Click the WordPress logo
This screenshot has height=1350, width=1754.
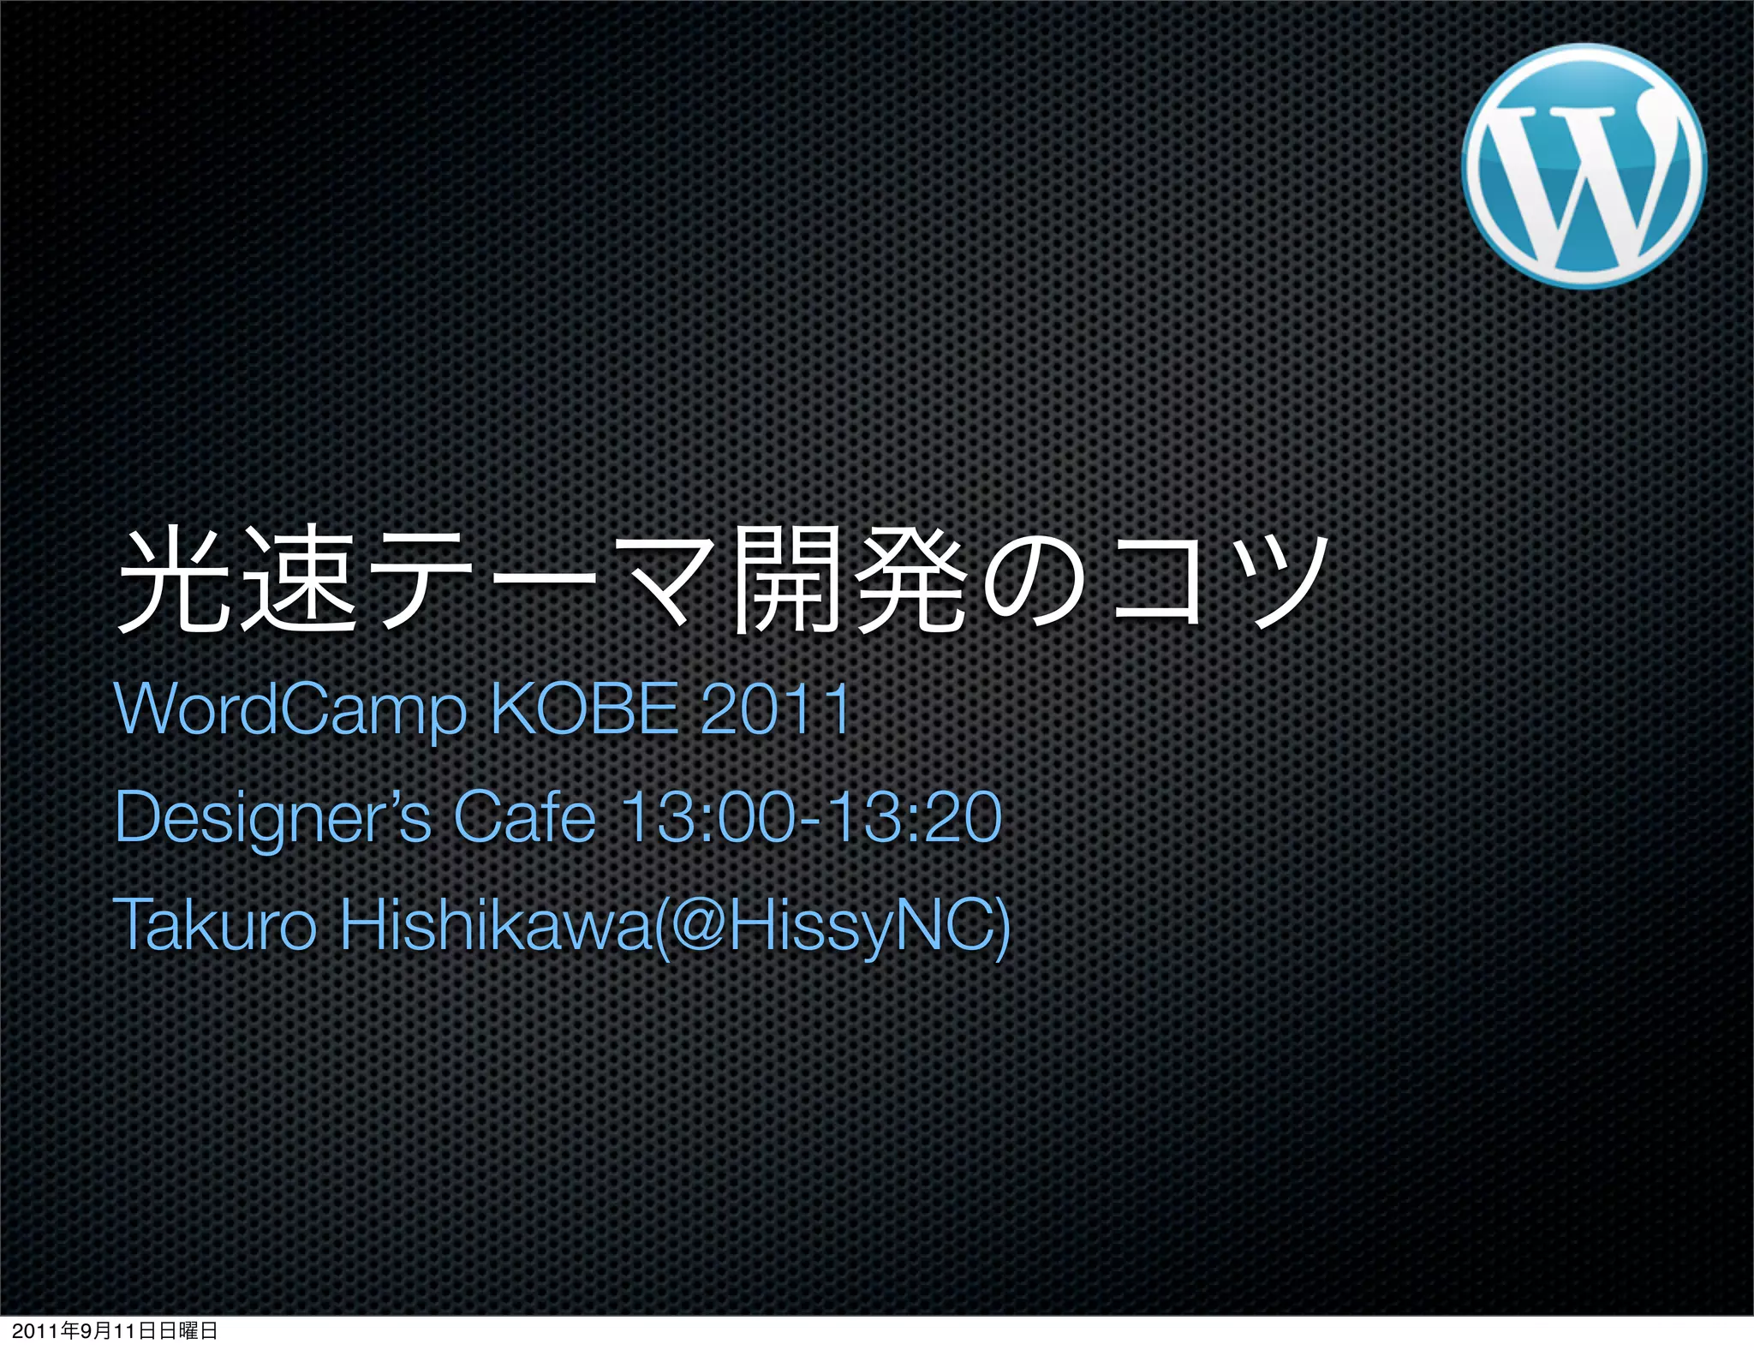tap(1584, 166)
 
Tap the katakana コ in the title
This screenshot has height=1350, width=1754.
tap(1157, 582)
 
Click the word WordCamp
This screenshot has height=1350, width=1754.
tap(290, 709)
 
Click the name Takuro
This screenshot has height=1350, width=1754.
tap(214, 924)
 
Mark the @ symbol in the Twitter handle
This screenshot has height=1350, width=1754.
tap(701, 925)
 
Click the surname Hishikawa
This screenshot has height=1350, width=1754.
tap(496, 924)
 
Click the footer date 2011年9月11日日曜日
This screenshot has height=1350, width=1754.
tap(115, 1331)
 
